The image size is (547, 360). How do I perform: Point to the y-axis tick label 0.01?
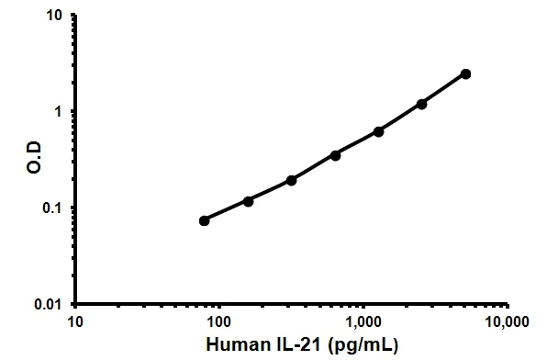click(x=50, y=304)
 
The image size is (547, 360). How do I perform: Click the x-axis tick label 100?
click(x=218, y=321)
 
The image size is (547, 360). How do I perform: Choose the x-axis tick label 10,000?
click(x=507, y=321)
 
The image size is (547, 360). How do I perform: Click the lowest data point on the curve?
click(x=204, y=220)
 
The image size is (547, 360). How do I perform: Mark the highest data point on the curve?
click(x=465, y=73)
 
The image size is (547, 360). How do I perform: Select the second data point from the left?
click(x=248, y=200)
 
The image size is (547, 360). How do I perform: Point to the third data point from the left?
click(x=291, y=180)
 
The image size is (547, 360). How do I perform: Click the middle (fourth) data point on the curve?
click(x=335, y=155)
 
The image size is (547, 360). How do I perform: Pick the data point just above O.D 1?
click(x=421, y=104)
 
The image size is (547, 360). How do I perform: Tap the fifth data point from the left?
click(x=378, y=131)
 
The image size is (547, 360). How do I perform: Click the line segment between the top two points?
click(x=443, y=89)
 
